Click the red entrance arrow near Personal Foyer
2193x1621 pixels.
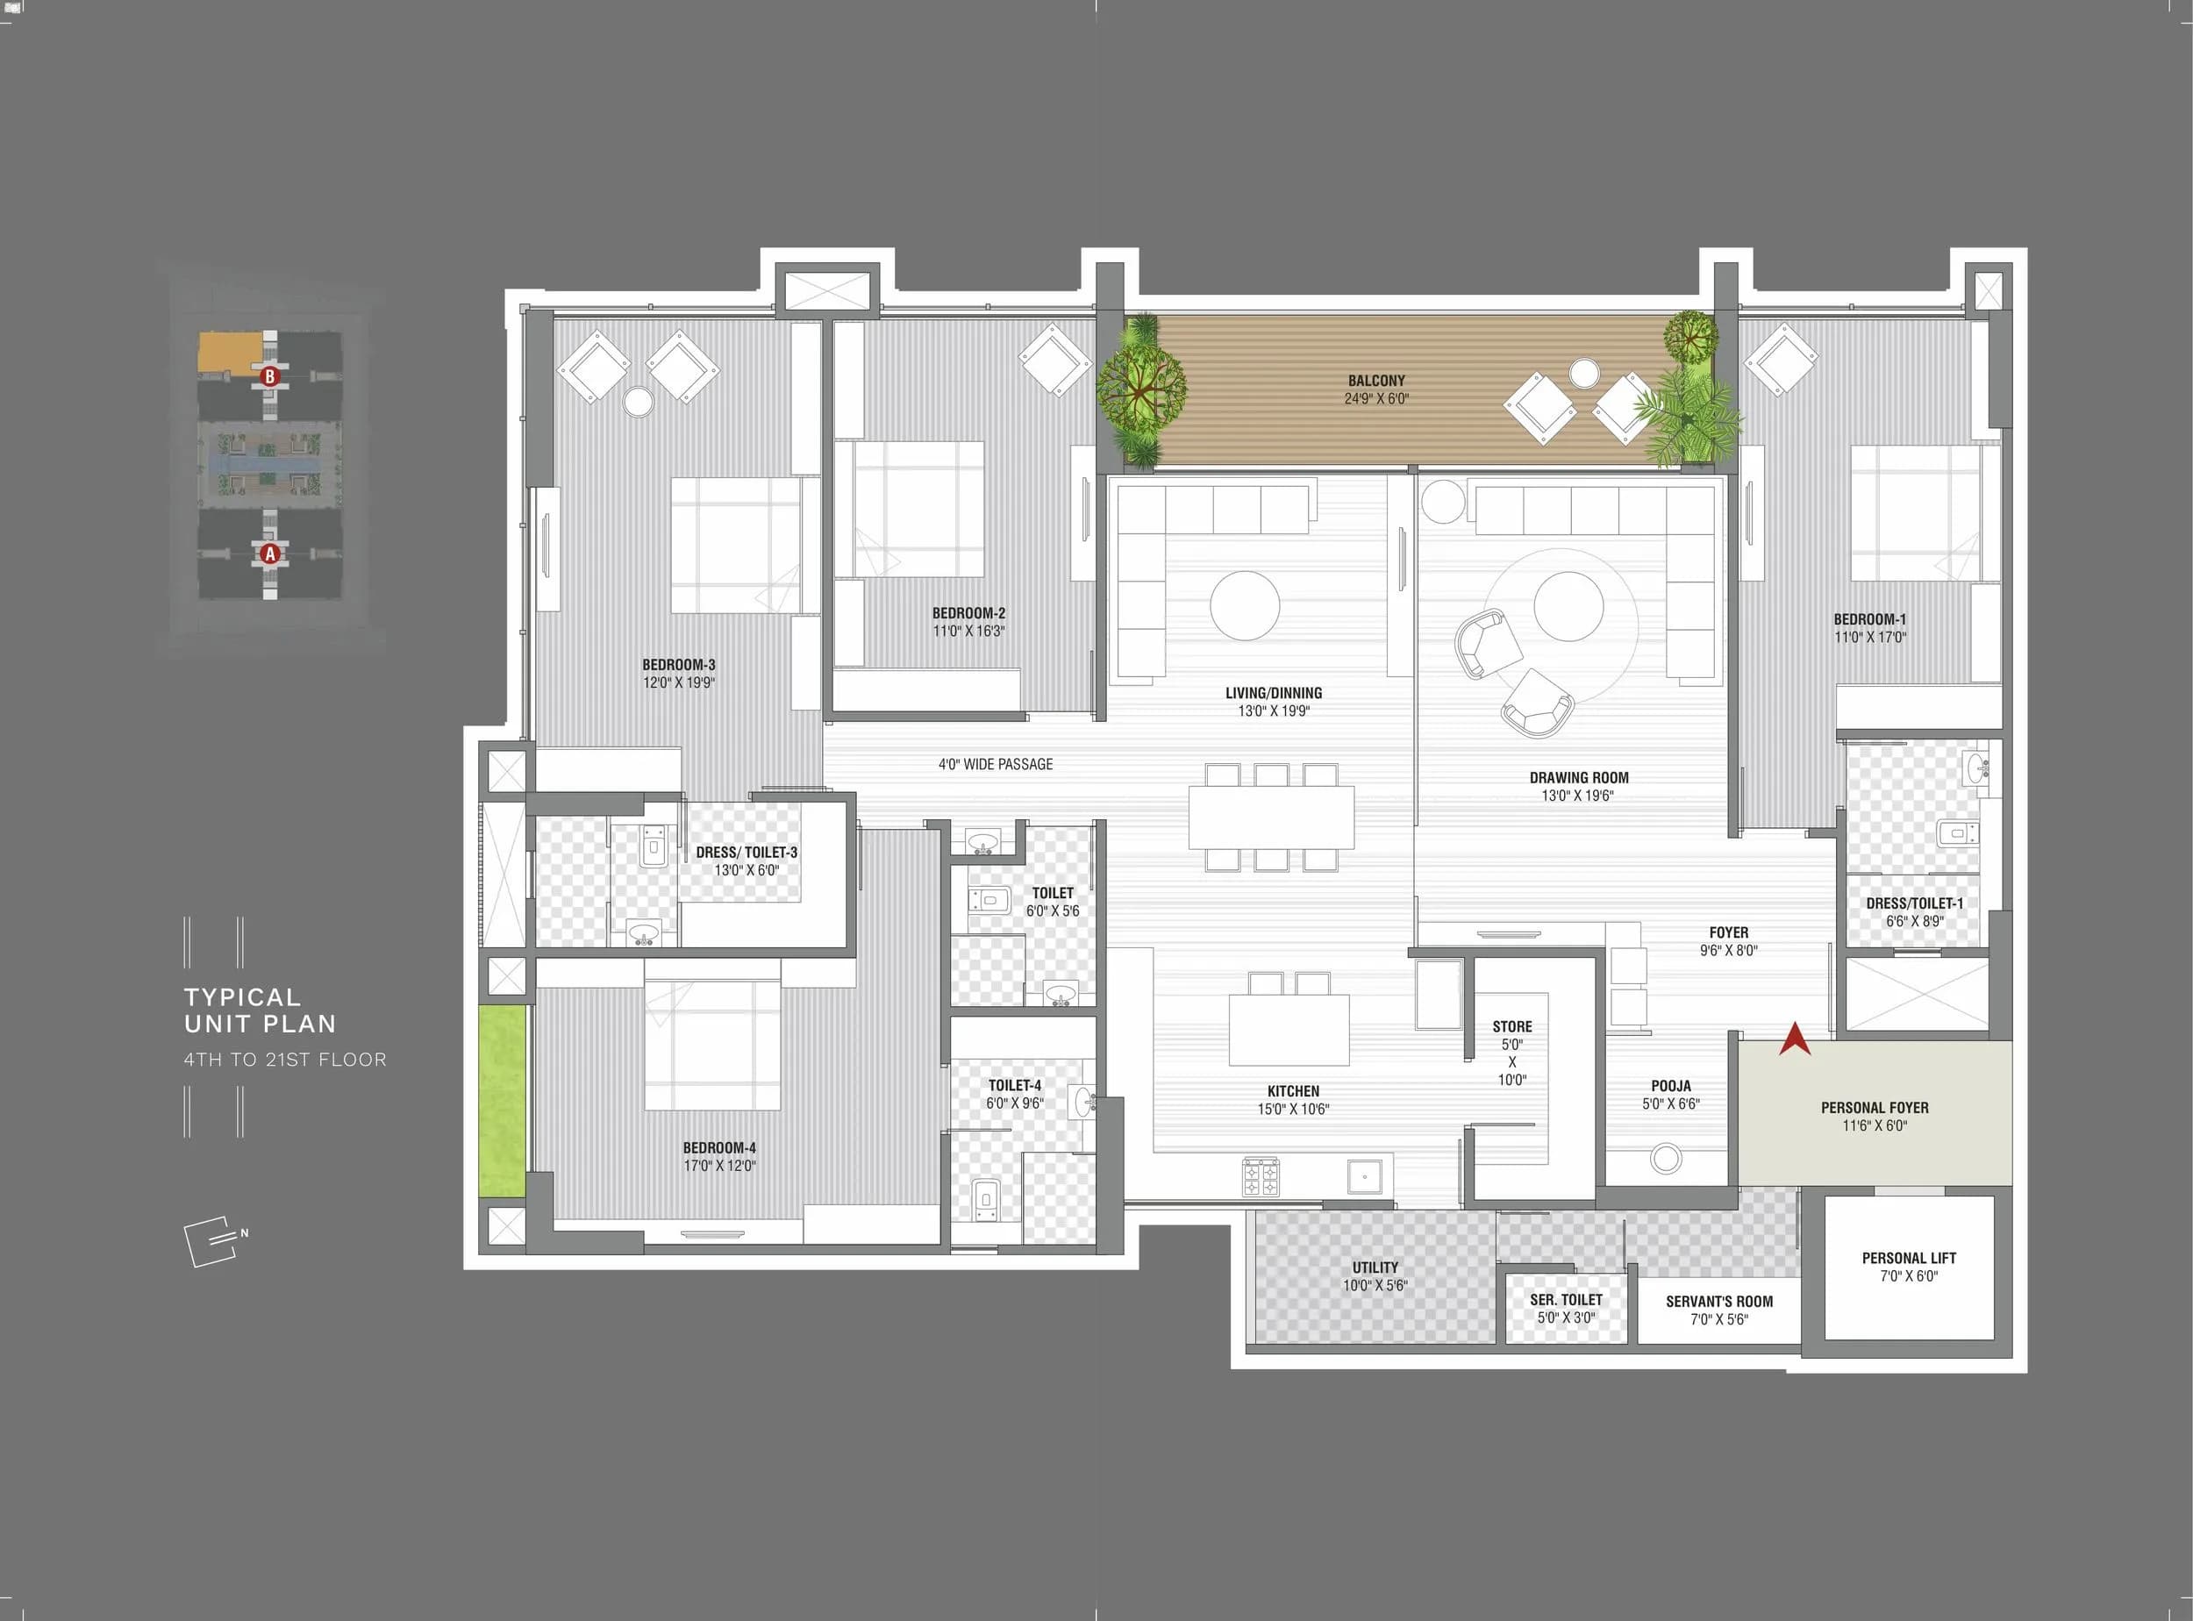point(1795,1040)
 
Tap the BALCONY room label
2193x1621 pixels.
point(1375,381)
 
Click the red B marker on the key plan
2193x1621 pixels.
point(270,375)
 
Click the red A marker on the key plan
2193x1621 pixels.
point(270,553)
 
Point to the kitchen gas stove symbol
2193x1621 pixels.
point(1261,1177)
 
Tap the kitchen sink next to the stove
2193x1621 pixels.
point(1365,1175)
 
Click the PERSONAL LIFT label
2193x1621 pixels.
point(1909,1258)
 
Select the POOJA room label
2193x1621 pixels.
point(1670,1086)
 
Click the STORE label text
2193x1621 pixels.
point(1512,1026)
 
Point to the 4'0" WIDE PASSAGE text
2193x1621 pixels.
point(995,764)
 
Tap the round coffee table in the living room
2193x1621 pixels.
point(1244,605)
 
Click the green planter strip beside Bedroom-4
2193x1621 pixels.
point(503,1100)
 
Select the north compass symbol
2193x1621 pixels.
point(214,1242)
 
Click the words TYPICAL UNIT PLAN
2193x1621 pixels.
point(260,1010)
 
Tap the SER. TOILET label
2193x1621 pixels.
point(1566,1299)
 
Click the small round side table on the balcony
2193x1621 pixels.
point(1583,374)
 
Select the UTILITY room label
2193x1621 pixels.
point(1375,1268)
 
